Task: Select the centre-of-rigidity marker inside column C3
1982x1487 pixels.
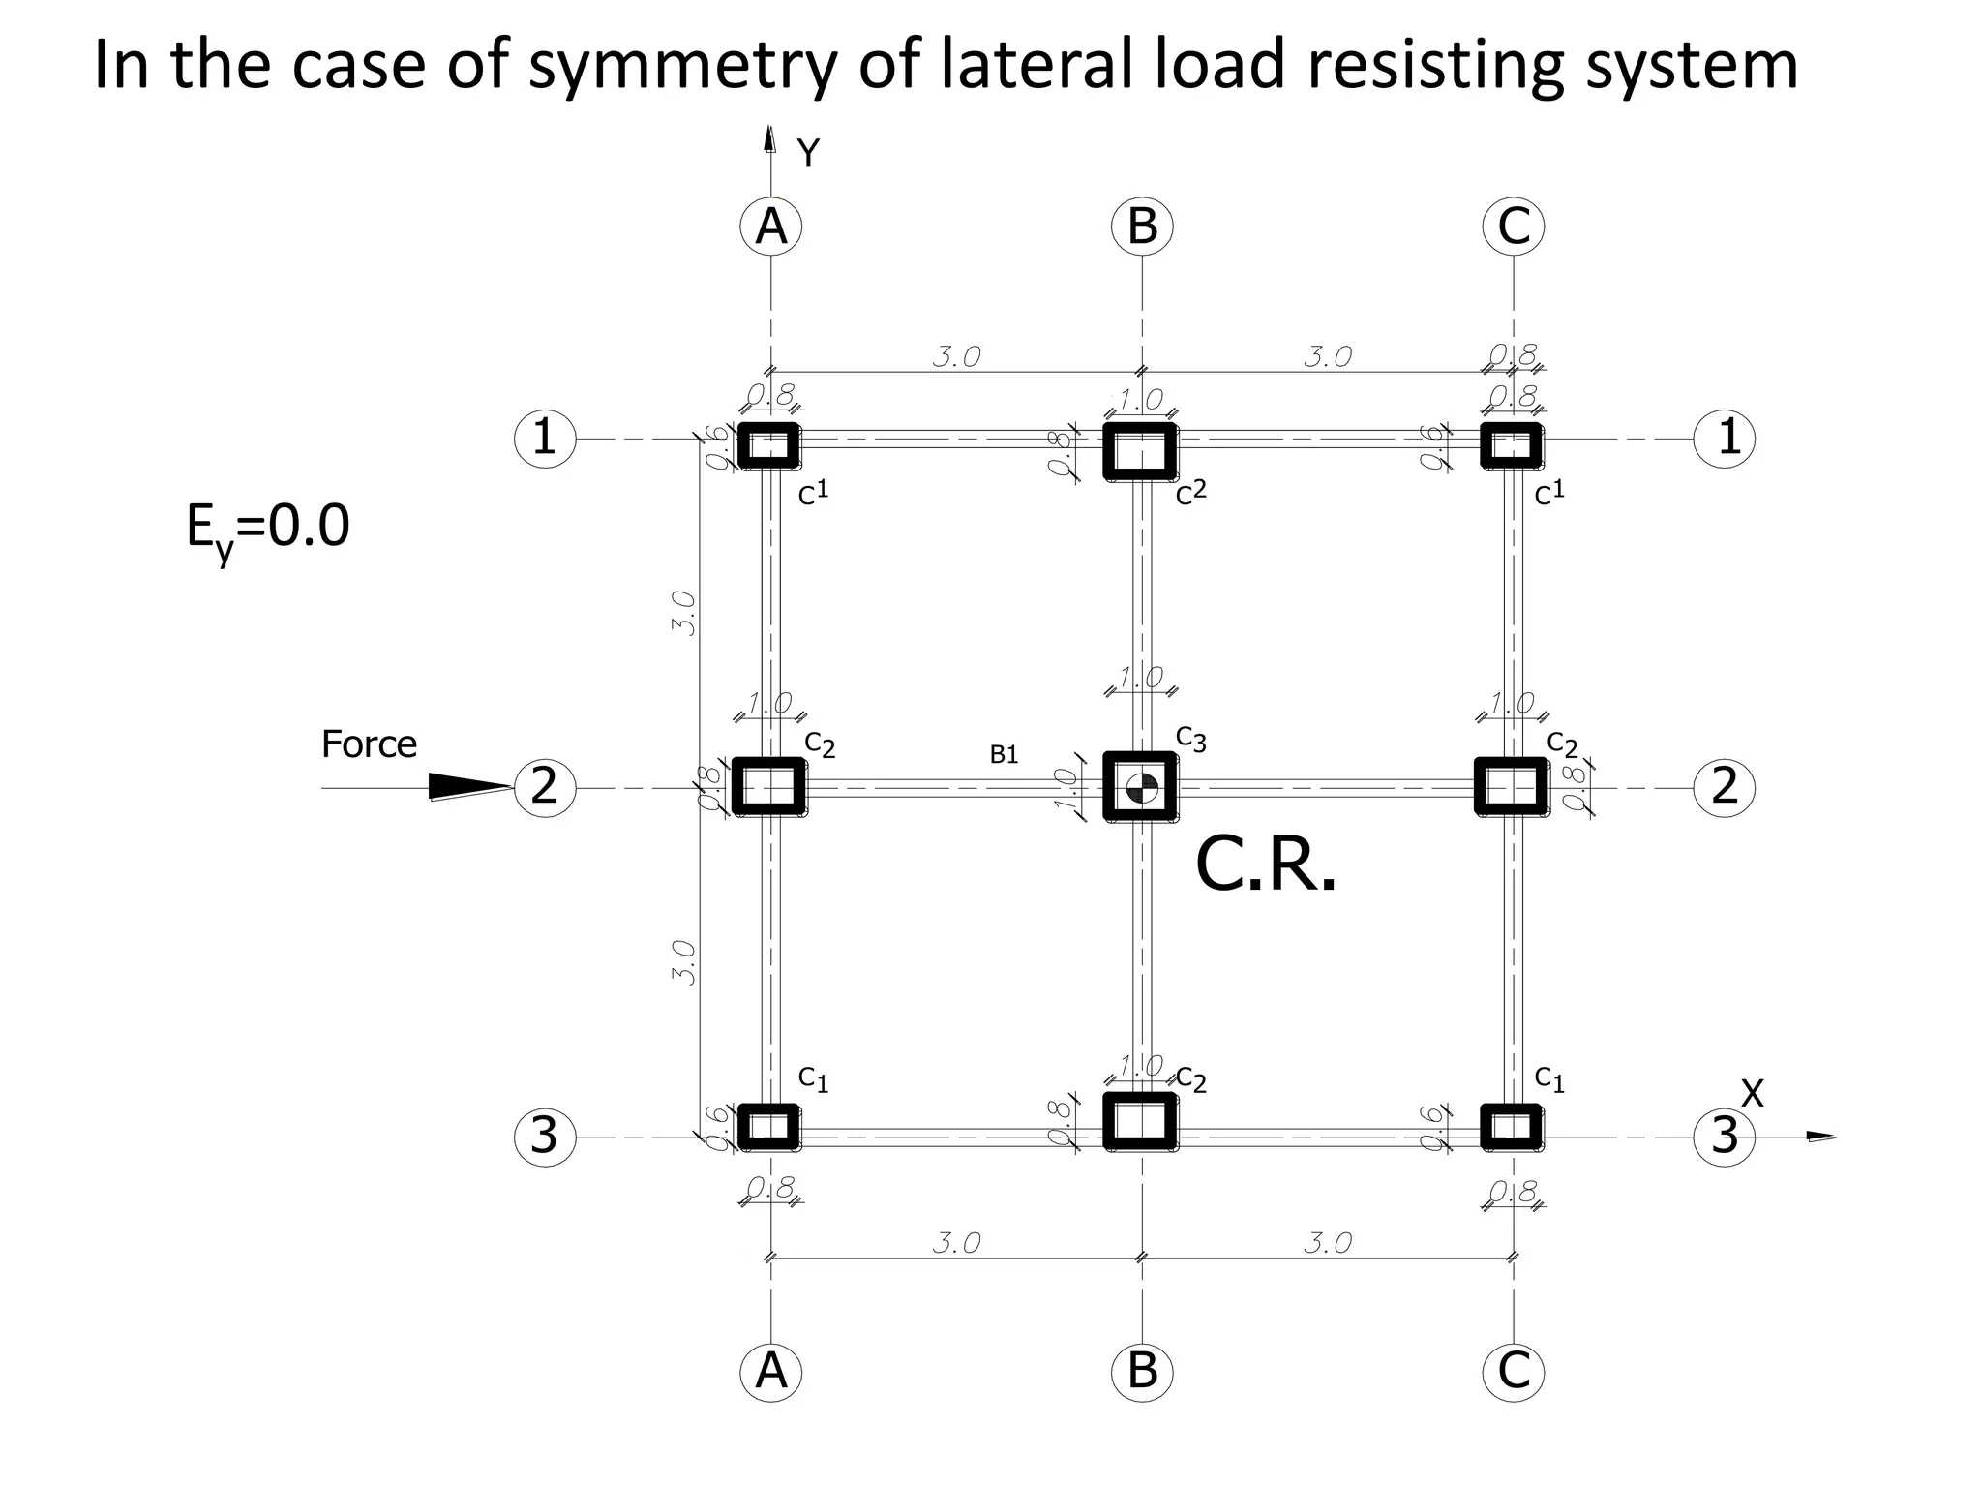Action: pyautogui.click(x=1142, y=788)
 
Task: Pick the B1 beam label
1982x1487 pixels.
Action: pyautogui.click(x=1005, y=755)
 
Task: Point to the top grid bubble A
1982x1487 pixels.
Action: pyautogui.click(x=770, y=228)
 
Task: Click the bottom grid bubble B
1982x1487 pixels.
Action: pyautogui.click(x=1142, y=1372)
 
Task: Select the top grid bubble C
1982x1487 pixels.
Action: pyautogui.click(x=1514, y=228)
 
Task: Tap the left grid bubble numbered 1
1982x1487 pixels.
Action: pyautogui.click(x=545, y=439)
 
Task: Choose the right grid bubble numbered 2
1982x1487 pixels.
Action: pyautogui.click(x=1724, y=787)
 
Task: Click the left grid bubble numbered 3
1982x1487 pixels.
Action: pyautogui.click(x=545, y=1137)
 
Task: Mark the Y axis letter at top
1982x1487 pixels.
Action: pyautogui.click(x=808, y=153)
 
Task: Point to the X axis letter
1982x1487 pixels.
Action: pyautogui.click(x=1752, y=1094)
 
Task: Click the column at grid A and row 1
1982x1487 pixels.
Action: pyautogui.click(x=769, y=446)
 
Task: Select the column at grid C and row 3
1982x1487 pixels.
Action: pyautogui.click(x=1512, y=1127)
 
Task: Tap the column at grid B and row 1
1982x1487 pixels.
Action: pyautogui.click(x=1141, y=451)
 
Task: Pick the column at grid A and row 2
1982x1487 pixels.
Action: pyautogui.click(x=769, y=785)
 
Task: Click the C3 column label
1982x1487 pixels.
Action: pyautogui.click(x=1191, y=738)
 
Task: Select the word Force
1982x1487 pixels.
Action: pyautogui.click(x=369, y=744)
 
